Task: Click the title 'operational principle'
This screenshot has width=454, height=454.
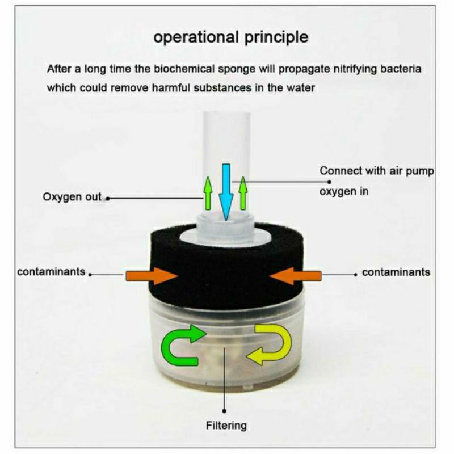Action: tap(231, 38)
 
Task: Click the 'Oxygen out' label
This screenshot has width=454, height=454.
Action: tap(72, 197)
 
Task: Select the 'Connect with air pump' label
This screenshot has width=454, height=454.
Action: tap(377, 171)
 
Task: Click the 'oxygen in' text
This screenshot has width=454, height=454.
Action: tap(344, 191)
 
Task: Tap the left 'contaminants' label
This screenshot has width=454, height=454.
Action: tap(51, 272)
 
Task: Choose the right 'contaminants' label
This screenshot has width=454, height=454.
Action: tap(396, 272)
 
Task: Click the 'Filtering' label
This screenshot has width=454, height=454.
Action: tap(226, 424)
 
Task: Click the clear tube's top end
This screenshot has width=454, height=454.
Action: tap(226, 116)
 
